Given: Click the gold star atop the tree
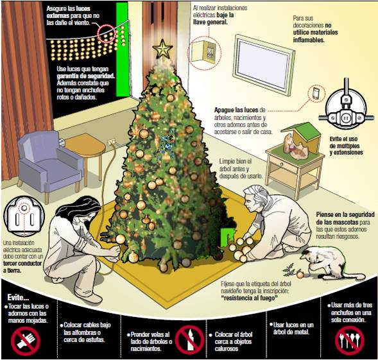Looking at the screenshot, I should (x=162, y=49).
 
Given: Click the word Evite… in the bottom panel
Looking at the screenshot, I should (x=18, y=297).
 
